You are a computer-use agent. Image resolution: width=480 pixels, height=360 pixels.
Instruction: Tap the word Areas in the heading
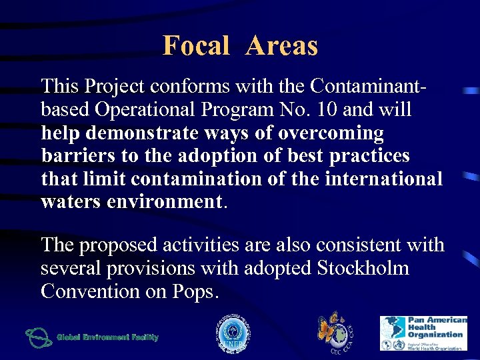281,46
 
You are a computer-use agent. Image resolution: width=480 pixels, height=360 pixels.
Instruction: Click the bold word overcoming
331,133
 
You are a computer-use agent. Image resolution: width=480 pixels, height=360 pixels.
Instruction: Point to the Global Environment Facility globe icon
38,337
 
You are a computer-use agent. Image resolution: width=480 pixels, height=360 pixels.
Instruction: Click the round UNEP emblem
231,334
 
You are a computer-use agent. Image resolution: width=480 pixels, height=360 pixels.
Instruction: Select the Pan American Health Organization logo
423,333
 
